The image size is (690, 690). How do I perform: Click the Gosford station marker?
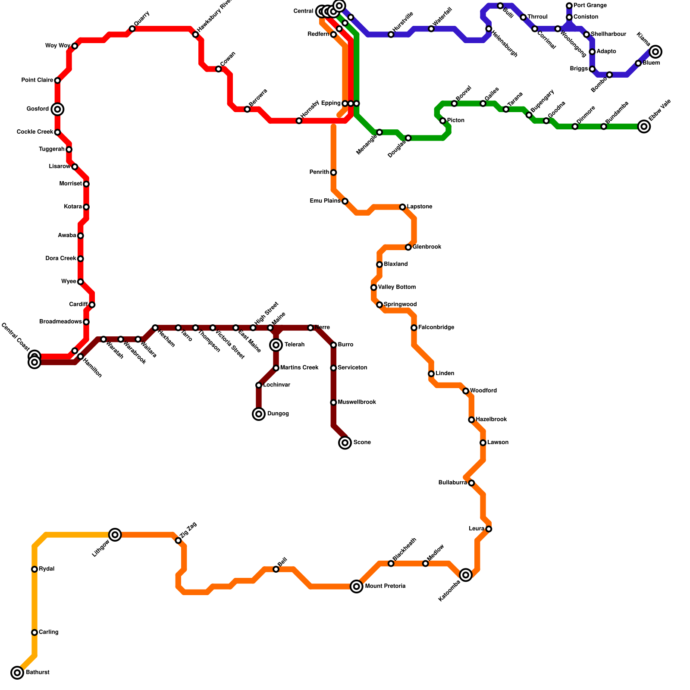57,109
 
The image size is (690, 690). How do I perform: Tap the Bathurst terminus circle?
17,672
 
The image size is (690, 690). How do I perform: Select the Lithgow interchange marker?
115,535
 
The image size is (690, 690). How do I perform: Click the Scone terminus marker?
345,442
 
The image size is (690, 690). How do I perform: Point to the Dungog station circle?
259,414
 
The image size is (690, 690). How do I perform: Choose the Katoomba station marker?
466,575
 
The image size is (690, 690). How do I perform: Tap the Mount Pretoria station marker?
356,586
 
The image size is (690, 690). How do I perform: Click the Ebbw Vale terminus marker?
644,126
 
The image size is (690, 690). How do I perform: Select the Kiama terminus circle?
655,52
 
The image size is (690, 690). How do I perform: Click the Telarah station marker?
276,345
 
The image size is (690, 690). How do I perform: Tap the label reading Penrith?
319,172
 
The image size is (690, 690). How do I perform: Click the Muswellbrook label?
357,402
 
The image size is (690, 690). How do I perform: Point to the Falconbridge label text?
436,328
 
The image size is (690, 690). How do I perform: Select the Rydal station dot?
34,569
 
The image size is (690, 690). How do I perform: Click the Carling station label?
48,632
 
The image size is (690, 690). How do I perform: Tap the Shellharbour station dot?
586,34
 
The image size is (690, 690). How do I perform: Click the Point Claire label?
37,80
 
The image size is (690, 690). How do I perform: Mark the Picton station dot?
443,121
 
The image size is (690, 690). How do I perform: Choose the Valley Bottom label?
397,287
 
